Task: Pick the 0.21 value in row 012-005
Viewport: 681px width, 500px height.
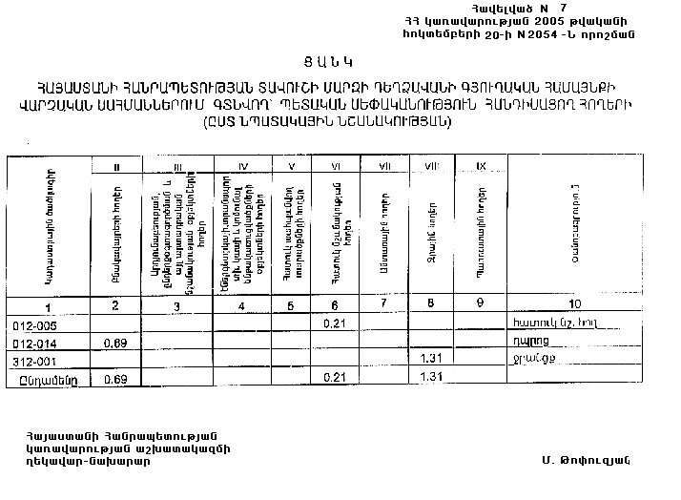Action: tap(333, 324)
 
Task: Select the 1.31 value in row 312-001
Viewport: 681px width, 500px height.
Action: tap(433, 359)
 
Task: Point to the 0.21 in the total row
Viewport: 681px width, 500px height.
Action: tap(333, 378)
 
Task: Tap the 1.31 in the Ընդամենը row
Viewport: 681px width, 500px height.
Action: tap(433, 378)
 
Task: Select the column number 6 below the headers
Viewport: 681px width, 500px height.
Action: tap(333, 305)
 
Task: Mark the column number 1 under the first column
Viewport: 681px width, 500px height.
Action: tap(48, 306)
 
